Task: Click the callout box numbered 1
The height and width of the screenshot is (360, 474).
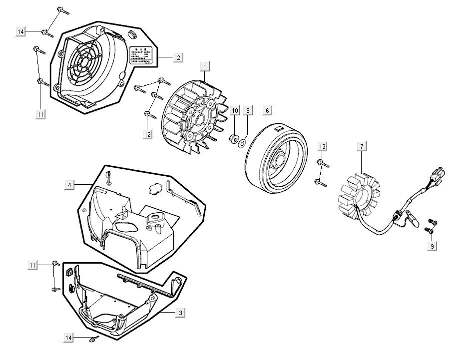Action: click(x=205, y=66)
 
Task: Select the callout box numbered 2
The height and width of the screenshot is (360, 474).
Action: click(x=177, y=57)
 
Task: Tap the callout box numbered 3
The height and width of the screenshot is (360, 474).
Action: click(x=181, y=313)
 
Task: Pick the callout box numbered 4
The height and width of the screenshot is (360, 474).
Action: click(x=70, y=185)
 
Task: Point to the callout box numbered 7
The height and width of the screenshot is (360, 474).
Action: click(x=361, y=146)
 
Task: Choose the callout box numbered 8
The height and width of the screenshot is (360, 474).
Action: click(x=249, y=110)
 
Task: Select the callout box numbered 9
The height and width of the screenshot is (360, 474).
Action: click(x=432, y=246)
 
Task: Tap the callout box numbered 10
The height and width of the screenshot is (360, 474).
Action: click(x=235, y=110)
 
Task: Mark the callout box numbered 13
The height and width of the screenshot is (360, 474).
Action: click(x=322, y=146)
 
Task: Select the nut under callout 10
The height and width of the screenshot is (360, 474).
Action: click(x=233, y=138)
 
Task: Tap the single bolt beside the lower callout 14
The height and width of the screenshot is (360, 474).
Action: click(x=93, y=340)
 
